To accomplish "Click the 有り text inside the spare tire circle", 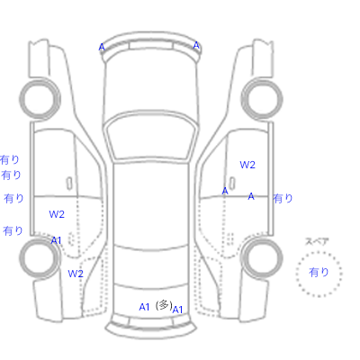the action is [x=319, y=272].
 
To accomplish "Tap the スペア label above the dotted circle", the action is [x=317, y=241].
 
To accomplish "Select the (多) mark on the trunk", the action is [x=164, y=305].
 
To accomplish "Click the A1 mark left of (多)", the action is [x=144, y=307].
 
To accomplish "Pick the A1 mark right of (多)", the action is [x=177, y=310].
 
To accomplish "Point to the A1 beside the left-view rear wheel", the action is [x=57, y=240].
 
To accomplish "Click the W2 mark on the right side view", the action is [x=247, y=165].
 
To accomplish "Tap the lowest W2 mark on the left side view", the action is [x=76, y=274].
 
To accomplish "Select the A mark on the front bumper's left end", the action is [x=102, y=47].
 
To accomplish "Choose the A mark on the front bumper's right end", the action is [x=196, y=45].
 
